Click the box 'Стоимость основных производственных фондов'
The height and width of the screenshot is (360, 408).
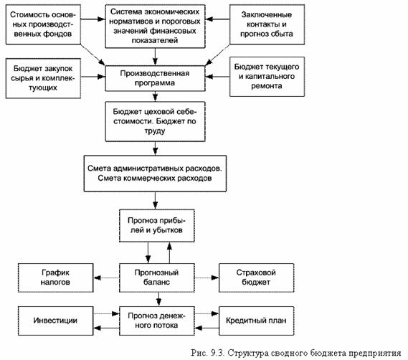point(43,24)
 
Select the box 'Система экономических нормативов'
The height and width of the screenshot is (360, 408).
point(155,27)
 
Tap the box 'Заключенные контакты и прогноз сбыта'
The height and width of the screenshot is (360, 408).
point(267,24)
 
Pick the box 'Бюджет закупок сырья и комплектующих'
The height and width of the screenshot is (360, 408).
point(43,78)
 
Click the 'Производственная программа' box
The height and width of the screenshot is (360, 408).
point(155,78)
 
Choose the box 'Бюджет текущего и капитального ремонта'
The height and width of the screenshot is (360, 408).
point(267,77)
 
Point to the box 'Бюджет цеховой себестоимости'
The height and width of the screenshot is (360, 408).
point(155,121)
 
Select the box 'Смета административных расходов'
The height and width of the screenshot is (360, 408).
point(155,174)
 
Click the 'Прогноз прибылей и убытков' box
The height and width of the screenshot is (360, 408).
point(157,226)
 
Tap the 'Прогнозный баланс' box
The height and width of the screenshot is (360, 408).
point(157,278)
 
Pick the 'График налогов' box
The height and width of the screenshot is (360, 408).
point(56,278)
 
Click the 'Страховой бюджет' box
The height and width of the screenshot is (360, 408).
point(256,278)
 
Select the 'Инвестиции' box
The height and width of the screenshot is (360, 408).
point(56,321)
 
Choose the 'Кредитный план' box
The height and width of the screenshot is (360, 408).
point(256,321)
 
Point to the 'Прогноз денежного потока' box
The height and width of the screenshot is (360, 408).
point(157,321)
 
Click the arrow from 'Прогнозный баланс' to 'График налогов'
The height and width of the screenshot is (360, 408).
point(106,278)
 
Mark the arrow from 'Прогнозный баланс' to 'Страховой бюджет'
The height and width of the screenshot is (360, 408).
point(207,278)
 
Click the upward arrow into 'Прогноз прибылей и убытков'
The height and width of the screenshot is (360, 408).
point(169,252)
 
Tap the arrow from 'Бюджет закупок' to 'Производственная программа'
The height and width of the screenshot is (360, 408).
point(93,77)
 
